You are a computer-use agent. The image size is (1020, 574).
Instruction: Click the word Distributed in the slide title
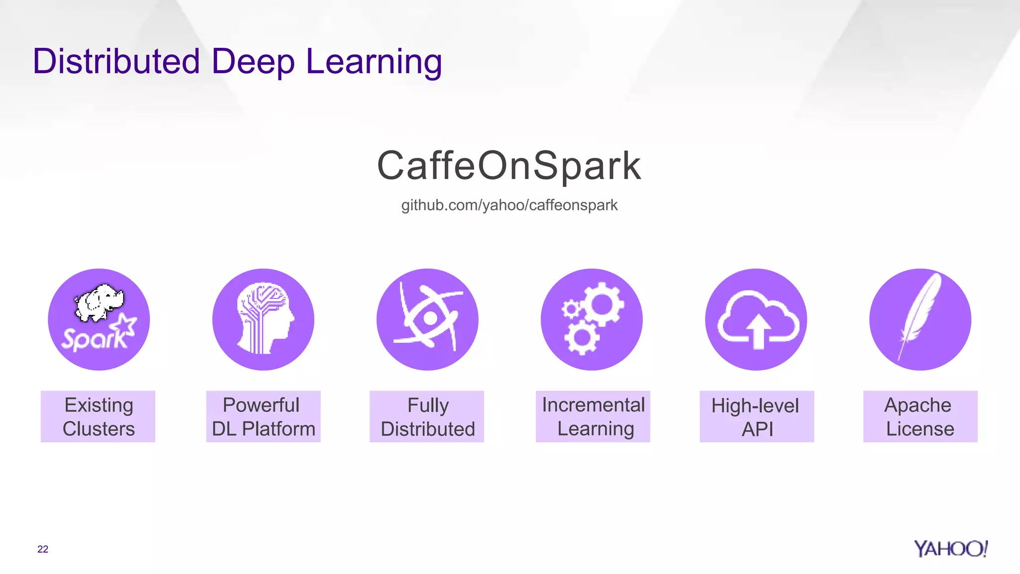[117, 61]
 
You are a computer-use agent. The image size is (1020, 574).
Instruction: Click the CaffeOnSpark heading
[509, 165]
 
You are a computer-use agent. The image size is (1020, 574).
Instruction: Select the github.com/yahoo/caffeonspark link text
[509, 205]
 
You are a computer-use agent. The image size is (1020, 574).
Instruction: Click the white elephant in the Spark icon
[99, 302]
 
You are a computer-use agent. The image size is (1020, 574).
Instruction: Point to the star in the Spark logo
[124, 326]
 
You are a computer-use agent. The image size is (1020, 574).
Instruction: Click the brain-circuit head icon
[263, 319]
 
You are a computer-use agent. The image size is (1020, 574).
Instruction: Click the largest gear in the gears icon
[602, 304]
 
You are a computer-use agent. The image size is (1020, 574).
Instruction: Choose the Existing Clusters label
[98, 417]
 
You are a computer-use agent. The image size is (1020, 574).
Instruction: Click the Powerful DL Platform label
[263, 417]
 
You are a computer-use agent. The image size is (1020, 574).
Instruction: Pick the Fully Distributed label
[427, 417]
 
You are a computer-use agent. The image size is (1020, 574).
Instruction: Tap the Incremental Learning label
[593, 417]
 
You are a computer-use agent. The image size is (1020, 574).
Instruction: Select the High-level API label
[757, 417]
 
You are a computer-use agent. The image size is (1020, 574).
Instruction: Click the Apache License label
[920, 417]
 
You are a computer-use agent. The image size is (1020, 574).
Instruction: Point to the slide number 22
[43, 549]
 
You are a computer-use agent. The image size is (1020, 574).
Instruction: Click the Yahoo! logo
[950, 549]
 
